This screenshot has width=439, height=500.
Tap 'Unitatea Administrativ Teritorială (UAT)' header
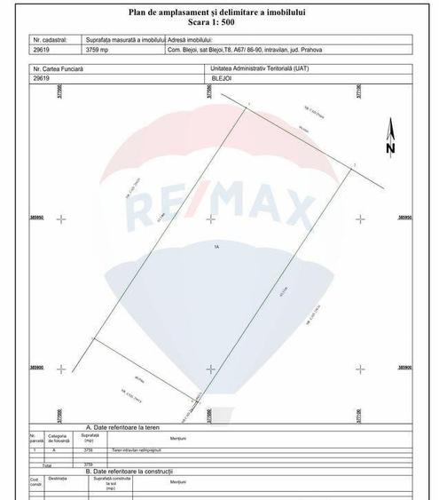(x=266, y=67)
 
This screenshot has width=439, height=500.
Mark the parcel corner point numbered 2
(x=353, y=166)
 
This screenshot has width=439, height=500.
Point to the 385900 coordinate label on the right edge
(x=406, y=367)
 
